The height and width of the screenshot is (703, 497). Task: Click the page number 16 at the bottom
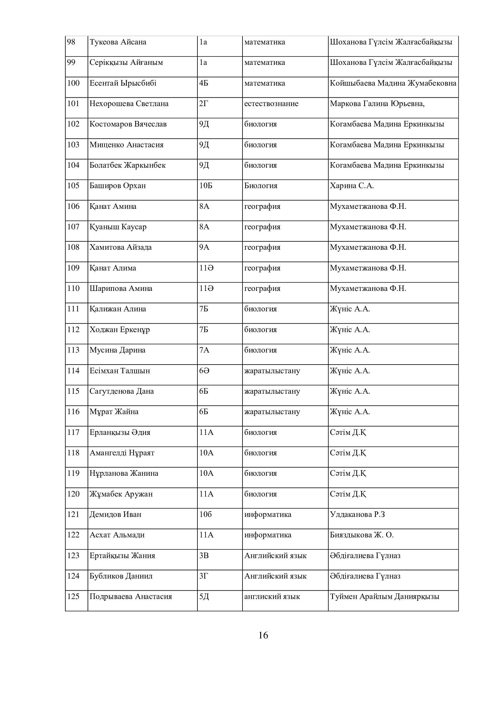(x=263, y=635)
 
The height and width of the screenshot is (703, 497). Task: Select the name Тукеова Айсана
(x=118, y=42)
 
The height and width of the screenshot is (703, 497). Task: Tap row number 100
(x=73, y=83)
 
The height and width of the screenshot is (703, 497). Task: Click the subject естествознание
(x=271, y=103)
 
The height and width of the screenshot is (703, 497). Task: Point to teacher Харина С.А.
(x=352, y=185)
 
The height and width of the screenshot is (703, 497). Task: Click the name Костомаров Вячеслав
(x=128, y=124)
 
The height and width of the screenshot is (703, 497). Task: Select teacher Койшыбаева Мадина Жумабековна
(x=393, y=83)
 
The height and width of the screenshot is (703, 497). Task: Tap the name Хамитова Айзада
(x=120, y=247)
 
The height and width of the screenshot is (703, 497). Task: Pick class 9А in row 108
(x=204, y=247)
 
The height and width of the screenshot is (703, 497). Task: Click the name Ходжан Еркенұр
(x=120, y=329)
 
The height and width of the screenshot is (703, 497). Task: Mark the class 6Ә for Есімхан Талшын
(x=204, y=371)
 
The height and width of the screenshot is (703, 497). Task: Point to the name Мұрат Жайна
(x=114, y=411)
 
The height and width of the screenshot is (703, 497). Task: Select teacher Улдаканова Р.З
(x=357, y=514)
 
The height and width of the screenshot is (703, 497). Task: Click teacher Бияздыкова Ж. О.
(x=361, y=535)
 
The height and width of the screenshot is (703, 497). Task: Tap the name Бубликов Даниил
(x=121, y=576)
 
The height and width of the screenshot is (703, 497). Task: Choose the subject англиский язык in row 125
(x=272, y=596)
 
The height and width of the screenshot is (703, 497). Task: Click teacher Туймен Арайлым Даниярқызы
(x=384, y=596)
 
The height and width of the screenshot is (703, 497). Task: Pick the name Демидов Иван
(x=115, y=514)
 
